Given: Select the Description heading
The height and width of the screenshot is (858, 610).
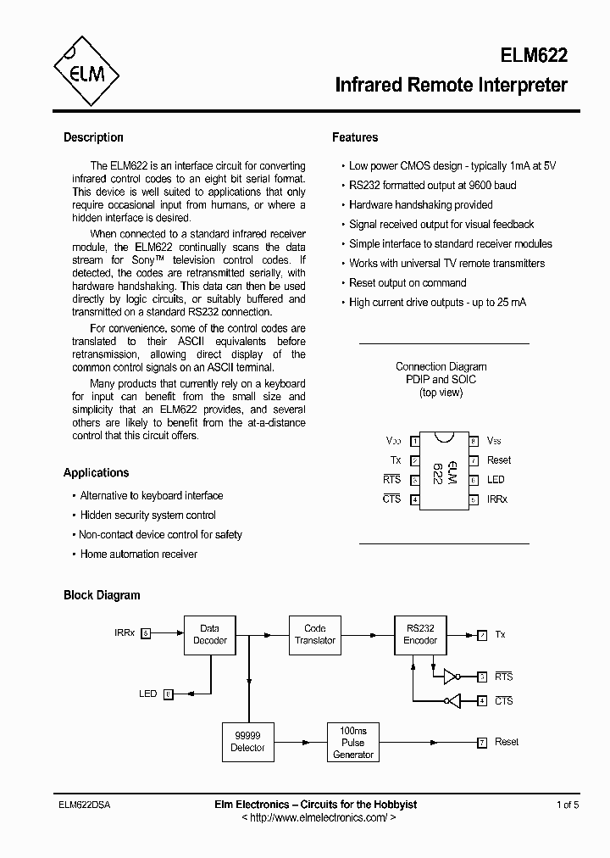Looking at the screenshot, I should (93, 137).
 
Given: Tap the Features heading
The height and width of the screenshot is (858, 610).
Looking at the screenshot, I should (355, 137).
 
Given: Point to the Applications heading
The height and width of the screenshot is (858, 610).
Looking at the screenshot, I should (96, 473).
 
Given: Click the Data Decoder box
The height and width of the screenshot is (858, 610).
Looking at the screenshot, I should (209, 634).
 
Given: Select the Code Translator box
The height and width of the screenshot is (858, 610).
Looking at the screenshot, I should (314, 634).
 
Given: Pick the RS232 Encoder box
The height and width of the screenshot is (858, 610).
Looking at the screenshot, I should (420, 634).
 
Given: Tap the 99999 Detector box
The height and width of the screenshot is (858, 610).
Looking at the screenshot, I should (247, 742).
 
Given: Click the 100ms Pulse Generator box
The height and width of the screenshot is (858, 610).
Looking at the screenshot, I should (352, 742).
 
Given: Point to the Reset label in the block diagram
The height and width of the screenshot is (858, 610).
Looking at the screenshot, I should (507, 742).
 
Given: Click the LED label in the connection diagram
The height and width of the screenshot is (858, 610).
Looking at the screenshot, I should (496, 480).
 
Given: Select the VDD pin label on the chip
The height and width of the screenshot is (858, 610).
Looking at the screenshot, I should (394, 441).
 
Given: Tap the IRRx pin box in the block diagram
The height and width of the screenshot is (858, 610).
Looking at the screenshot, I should (146, 633).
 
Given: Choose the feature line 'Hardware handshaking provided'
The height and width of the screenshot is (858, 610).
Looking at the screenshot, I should (420, 205).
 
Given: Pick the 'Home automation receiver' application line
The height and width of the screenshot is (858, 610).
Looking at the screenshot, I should (138, 554).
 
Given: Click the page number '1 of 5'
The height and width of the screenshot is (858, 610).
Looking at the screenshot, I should (568, 805).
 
